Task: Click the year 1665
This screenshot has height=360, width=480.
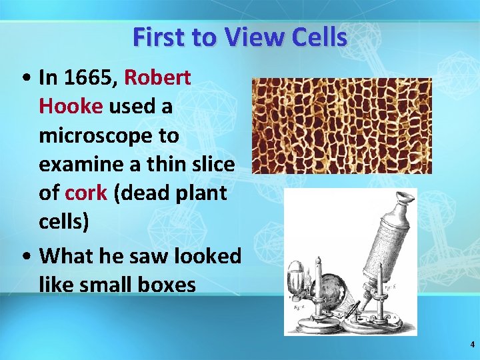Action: click(91, 78)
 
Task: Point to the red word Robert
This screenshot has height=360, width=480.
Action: click(158, 78)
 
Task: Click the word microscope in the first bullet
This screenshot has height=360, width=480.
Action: click(109, 135)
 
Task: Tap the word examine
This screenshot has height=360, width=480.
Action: click(79, 164)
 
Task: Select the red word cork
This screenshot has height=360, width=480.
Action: click(86, 193)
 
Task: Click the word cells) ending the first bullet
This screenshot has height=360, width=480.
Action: click(64, 221)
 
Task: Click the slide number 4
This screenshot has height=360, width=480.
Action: click(472, 345)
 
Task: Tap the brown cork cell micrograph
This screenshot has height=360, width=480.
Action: click(341, 125)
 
